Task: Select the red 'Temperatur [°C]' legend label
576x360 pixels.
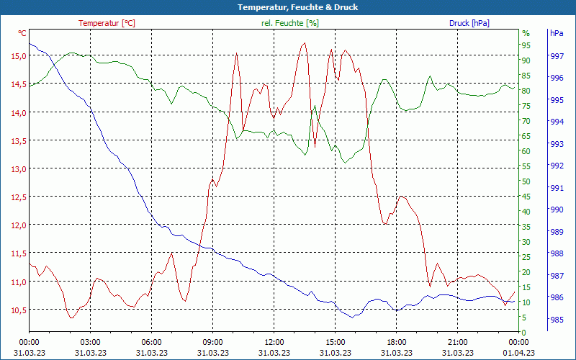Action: click(x=107, y=23)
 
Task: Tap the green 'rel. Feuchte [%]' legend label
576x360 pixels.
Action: click(x=289, y=23)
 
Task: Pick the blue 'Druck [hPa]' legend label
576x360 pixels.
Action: click(x=469, y=23)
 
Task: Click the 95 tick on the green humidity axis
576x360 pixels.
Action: click(x=526, y=45)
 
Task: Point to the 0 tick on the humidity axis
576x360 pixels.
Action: click(x=524, y=332)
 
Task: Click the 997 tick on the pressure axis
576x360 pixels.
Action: click(x=557, y=55)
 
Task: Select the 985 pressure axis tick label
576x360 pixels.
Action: click(x=557, y=320)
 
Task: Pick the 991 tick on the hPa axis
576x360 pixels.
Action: click(x=557, y=188)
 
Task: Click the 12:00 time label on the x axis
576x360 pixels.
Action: click(x=274, y=342)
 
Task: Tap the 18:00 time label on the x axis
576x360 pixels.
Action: click(x=396, y=342)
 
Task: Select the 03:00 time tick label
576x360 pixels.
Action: click(x=90, y=342)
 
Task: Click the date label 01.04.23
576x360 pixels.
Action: click(x=518, y=353)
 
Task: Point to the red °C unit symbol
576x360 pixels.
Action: click(x=22, y=33)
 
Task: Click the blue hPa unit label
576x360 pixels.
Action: click(x=557, y=33)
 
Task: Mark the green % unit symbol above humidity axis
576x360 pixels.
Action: click(x=526, y=33)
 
